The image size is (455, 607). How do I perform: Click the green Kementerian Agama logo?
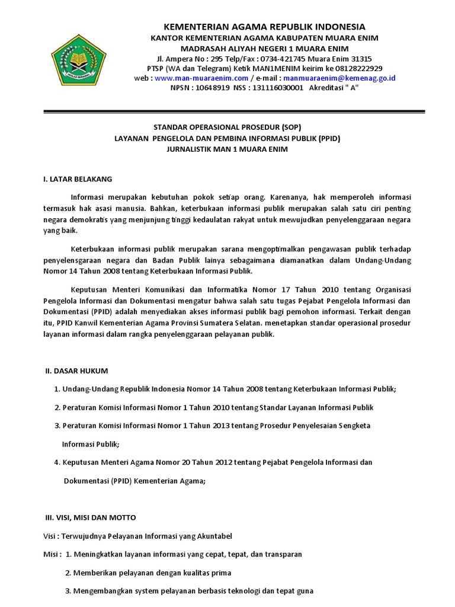coord(79,60)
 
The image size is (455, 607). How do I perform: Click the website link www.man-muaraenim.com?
coord(201,78)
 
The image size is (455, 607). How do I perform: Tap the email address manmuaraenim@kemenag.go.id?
coord(339,78)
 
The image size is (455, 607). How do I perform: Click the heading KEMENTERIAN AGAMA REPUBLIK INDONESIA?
coord(264,27)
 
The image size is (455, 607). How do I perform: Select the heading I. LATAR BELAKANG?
coord(77,178)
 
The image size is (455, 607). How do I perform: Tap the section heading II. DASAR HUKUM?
coord(77,371)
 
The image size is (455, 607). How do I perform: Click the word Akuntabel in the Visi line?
coord(211,536)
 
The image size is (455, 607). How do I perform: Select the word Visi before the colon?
coord(50,536)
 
